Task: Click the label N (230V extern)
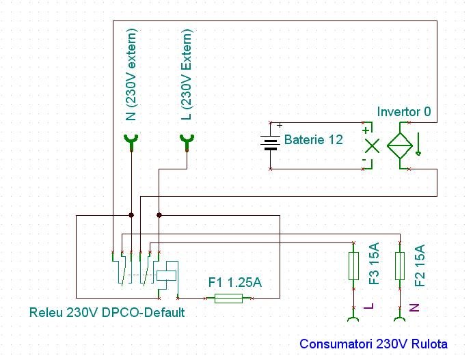(132, 74)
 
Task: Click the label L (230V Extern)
(187, 74)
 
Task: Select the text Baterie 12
(314, 141)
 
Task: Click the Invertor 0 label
(404, 111)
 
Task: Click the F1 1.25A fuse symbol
(228, 299)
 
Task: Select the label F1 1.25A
(234, 282)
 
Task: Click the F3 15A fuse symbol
(353, 266)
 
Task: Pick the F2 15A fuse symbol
(401, 266)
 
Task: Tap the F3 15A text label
(373, 263)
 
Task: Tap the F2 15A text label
(420, 264)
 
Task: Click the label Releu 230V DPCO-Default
(107, 313)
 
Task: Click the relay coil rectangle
(167, 275)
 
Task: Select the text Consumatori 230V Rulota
(374, 344)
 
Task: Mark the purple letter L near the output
(370, 307)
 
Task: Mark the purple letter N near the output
(414, 307)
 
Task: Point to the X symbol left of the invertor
(371, 145)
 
